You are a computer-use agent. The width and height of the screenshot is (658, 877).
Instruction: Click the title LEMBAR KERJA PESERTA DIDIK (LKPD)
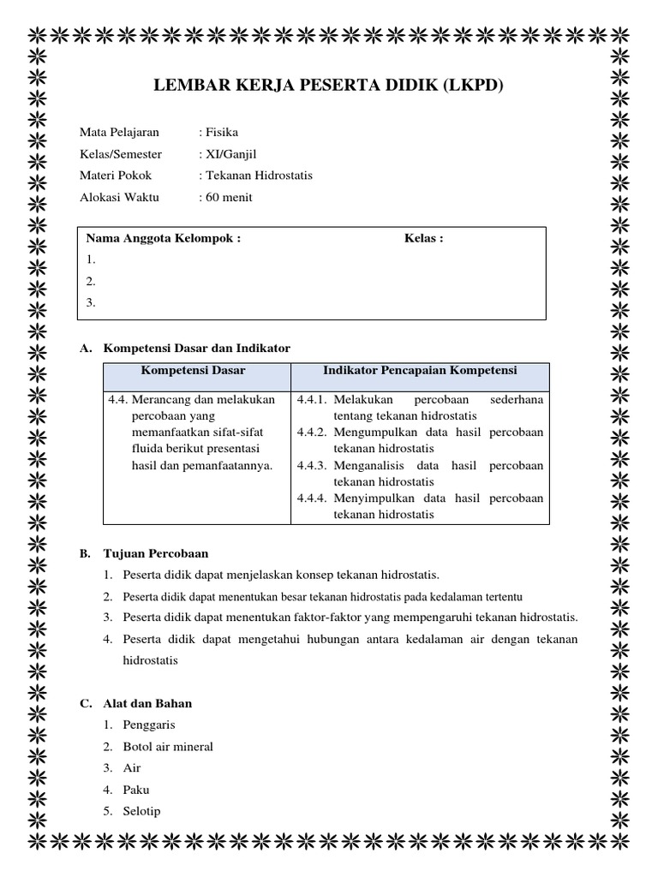pyautogui.click(x=328, y=86)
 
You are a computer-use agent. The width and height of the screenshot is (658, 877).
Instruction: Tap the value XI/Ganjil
pyautogui.click(x=229, y=154)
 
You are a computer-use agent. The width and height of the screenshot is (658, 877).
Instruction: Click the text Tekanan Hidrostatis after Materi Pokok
pyautogui.click(x=259, y=176)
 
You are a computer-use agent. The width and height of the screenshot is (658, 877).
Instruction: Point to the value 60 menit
pyautogui.click(x=228, y=197)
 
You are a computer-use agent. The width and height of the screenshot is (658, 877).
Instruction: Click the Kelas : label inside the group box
pyautogui.click(x=423, y=238)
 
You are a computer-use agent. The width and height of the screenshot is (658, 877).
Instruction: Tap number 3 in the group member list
pyautogui.click(x=90, y=302)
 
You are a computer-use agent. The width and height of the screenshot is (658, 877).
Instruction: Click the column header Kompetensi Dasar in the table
pyautogui.click(x=193, y=371)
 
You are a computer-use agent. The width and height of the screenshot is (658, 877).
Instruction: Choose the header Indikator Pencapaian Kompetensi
pyautogui.click(x=420, y=371)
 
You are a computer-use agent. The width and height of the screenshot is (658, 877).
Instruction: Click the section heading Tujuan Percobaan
pyautogui.click(x=155, y=553)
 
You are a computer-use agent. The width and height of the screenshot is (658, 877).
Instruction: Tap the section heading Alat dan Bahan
pyautogui.click(x=147, y=703)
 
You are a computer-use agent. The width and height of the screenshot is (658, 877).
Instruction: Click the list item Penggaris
pyautogui.click(x=149, y=725)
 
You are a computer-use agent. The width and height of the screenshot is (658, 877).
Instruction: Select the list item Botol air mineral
pyautogui.click(x=168, y=747)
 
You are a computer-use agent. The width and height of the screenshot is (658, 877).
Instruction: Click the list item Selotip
pyautogui.click(x=141, y=811)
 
